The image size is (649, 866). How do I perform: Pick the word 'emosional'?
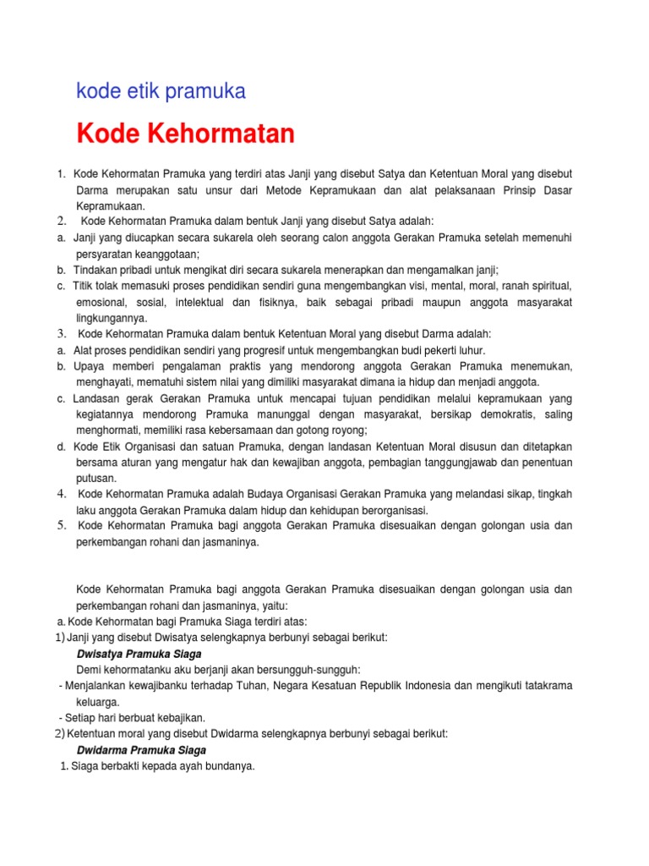(101, 302)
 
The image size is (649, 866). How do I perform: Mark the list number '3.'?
(63, 334)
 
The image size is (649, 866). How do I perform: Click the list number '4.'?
(63, 494)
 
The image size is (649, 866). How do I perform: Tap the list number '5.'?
(63, 526)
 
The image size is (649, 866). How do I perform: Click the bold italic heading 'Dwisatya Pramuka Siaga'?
(139, 654)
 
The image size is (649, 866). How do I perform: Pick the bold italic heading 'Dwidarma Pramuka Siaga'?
(141, 750)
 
